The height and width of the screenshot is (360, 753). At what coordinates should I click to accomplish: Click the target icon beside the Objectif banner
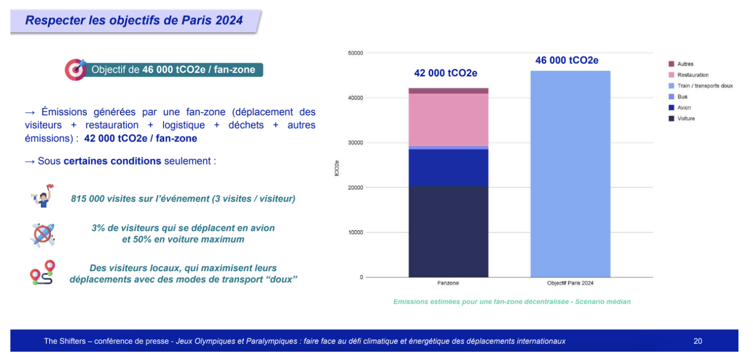75,70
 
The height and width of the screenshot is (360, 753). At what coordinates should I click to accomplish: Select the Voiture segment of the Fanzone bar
448,232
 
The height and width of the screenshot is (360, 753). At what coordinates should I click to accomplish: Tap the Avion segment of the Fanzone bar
448,168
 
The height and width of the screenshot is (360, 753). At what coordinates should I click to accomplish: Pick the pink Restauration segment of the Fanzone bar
448,120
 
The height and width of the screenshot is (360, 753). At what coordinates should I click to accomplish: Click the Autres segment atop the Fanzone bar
448,91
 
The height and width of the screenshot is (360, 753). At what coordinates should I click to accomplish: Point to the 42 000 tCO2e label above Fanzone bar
446,73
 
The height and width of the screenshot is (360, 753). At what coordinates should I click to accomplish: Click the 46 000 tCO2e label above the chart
567,60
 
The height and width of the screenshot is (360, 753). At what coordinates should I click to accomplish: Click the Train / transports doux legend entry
705,86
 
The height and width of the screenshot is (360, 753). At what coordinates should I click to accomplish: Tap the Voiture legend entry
686,119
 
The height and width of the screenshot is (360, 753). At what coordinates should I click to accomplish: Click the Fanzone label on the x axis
448,284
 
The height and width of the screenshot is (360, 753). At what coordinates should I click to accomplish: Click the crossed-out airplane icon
42,235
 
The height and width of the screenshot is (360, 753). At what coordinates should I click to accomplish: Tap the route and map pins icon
42,273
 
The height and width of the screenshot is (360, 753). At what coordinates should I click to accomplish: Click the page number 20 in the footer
697,341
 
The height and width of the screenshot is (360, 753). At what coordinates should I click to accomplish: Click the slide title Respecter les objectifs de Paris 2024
134,20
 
